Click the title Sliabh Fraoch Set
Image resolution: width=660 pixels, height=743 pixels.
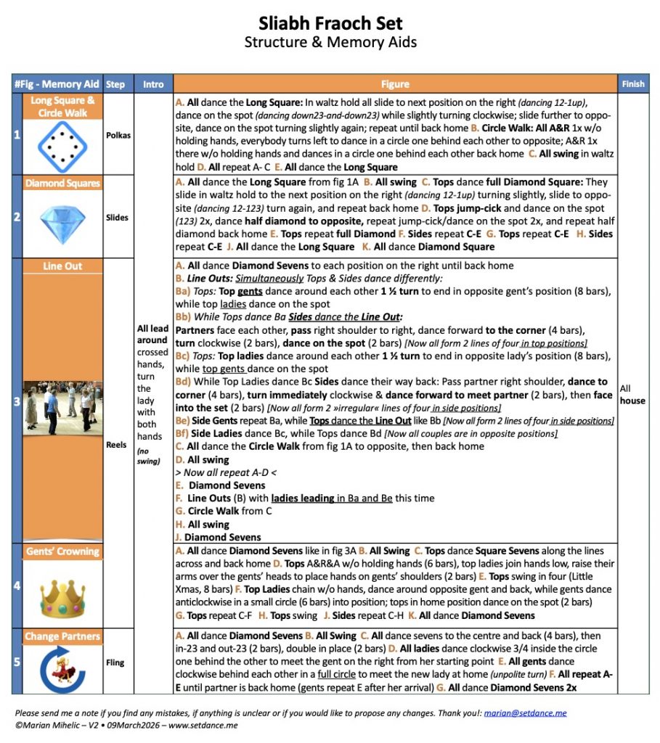[x=330, y=23]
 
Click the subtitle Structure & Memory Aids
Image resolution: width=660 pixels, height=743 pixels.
[x=330, y=42]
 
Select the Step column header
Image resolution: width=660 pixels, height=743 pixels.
[x=115, y=84]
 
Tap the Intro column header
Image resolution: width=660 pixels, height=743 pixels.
[x=153, y=84]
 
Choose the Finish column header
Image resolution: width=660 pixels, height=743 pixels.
[x=632, y=84]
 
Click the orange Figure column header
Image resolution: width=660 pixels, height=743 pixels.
[x=395, y=84]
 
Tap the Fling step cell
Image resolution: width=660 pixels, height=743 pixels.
[x=115, y=662]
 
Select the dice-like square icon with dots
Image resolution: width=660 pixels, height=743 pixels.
[x=62, y=145]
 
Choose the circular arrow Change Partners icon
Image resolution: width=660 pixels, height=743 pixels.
[x=62, y=668]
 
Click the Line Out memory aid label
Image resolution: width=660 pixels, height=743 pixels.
[x=62, y=266]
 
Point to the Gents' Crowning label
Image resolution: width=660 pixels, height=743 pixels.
[x=62, y=551]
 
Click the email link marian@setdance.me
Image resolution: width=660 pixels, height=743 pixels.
[x=526, y=713]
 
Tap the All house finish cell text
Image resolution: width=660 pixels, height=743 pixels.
[x=632, y=394]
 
